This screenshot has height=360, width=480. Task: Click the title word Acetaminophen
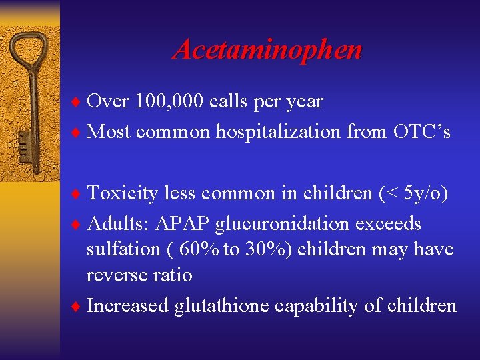(267, 50)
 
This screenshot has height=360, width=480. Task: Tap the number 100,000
(169, 101)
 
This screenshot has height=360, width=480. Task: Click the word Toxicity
(123, 193)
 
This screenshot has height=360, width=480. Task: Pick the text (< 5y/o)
(413, 193)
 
